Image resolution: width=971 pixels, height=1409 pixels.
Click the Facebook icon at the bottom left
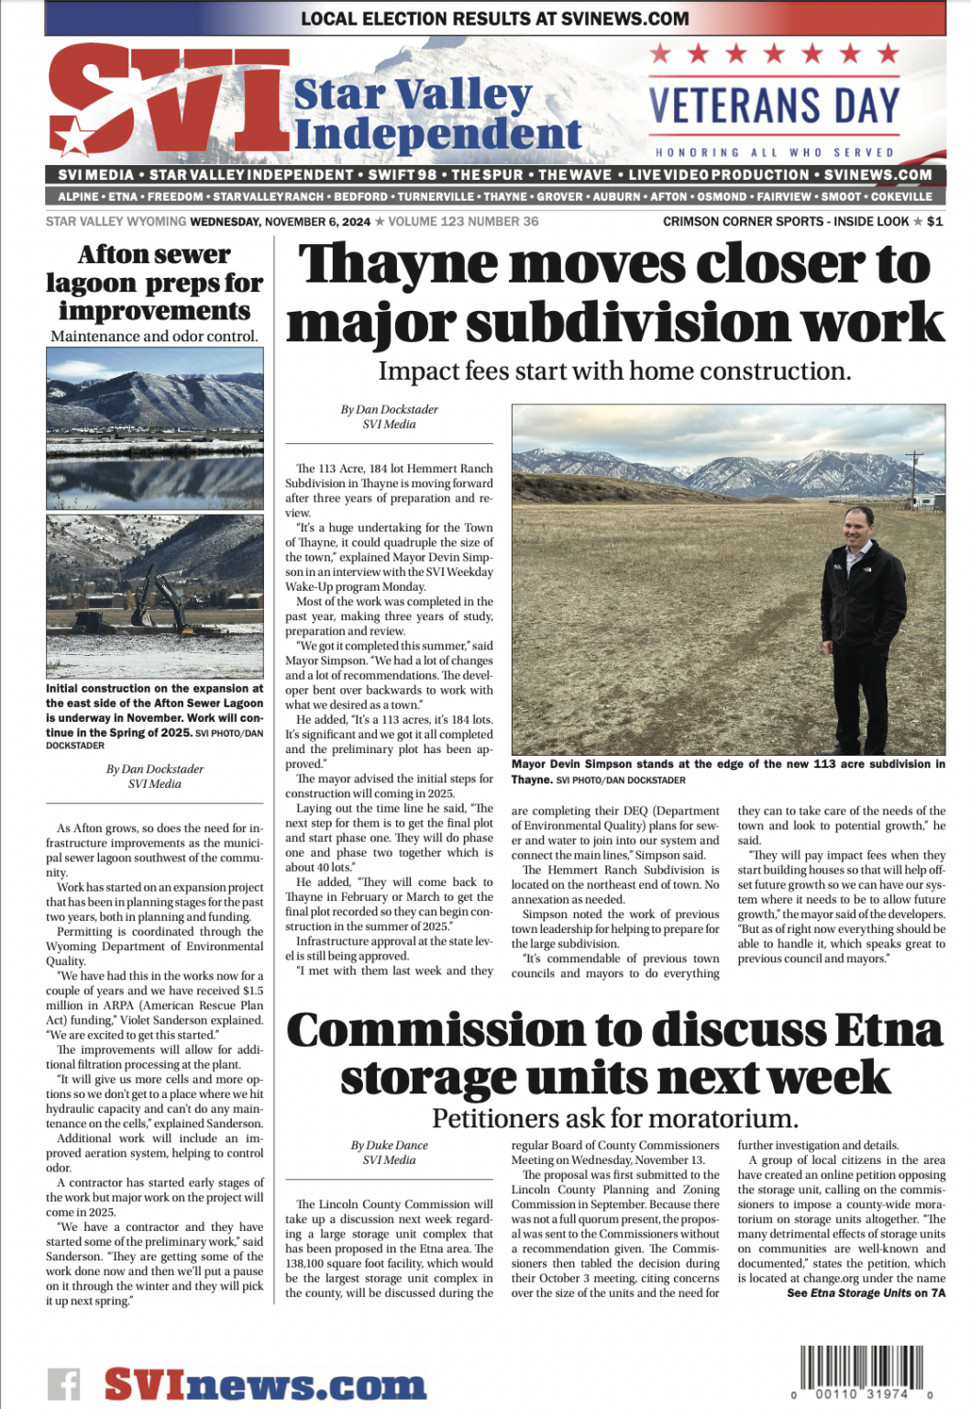(x=63, y=1383)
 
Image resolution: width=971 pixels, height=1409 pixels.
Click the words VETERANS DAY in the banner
(x=775, y=105)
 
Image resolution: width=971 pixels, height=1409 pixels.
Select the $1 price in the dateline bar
(x=934, y=221)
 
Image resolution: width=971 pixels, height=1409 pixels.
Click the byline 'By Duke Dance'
(x=389, y=1145)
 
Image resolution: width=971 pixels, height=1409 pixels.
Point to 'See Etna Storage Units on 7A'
(x=866, y=1293)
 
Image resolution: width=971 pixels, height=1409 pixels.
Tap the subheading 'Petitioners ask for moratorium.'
(x=614, y=1118)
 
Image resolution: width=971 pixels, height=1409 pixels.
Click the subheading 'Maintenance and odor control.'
(x=154, y=336)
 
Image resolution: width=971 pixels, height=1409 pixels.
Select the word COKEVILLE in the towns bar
(x=901, y=196)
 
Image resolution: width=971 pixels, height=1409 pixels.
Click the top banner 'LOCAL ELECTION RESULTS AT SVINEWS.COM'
(x=494, y=17)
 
